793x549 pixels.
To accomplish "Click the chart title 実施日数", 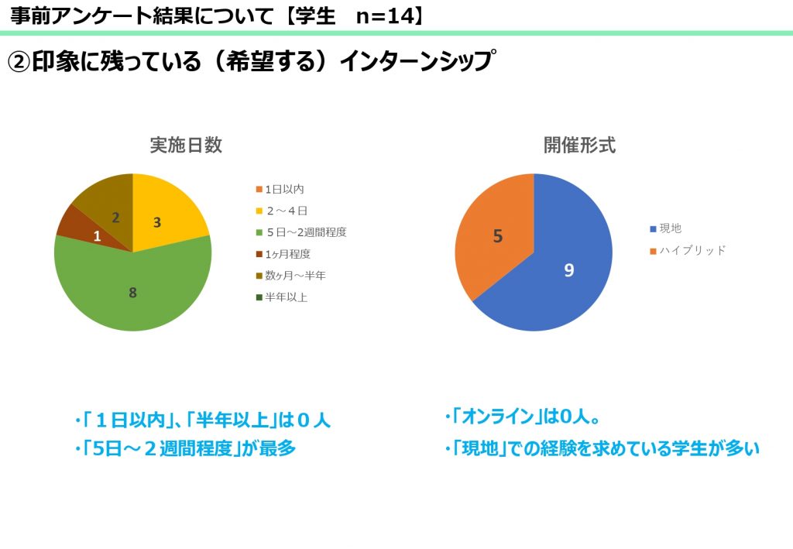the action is [186, 145].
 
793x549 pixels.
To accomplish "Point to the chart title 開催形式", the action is [579, 145].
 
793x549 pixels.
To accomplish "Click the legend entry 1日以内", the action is [280, 190].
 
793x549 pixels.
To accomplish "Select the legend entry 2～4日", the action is [282, 211].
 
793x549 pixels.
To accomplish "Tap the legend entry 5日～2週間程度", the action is [301, 232].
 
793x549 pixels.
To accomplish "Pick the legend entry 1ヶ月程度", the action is [283, 254].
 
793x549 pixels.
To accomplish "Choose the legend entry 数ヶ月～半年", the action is [291, 276].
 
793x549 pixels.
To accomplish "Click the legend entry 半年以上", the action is [282, 297].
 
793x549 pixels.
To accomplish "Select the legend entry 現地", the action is [665, 228].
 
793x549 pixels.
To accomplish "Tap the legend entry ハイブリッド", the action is [688, 251].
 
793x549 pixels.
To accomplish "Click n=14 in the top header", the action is [385, 16].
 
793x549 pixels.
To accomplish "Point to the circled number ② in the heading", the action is [19, 62].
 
